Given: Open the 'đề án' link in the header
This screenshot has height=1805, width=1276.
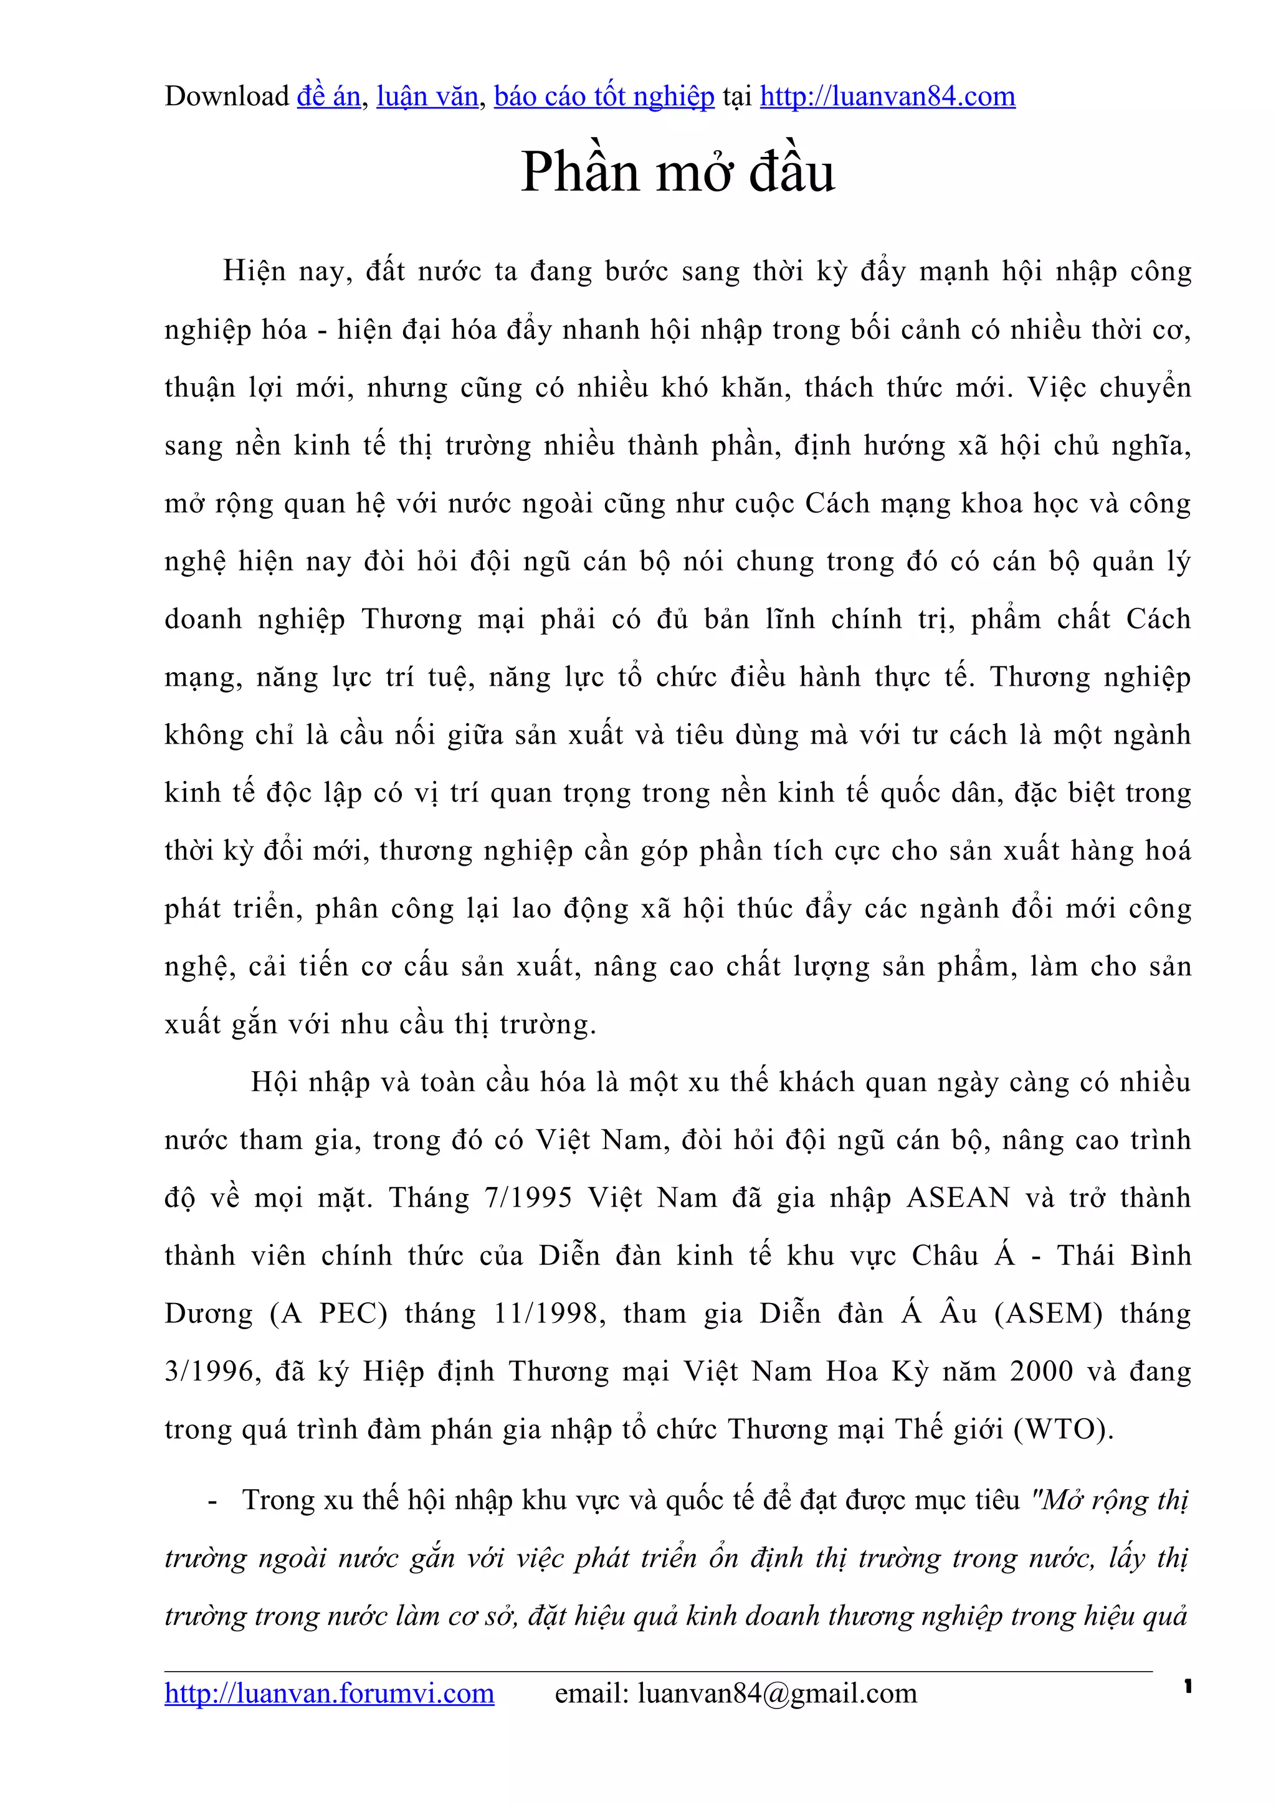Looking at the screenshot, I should (x=328, y=97).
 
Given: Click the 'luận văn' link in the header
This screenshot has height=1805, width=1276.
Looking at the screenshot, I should (x=427, y=97).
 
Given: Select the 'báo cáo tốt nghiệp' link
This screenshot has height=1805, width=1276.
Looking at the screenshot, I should (x=604, y=97).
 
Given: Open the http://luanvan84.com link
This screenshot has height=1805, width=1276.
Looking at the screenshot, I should (x=887, y=97).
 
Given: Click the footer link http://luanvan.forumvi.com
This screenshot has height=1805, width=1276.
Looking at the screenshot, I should (x=330, y=1693).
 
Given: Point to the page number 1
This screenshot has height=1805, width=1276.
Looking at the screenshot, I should (x=1187, y=1685).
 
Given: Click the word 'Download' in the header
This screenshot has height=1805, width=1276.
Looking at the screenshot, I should (x=226, y=97).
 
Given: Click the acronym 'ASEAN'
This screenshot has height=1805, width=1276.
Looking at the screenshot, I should (x=958, y=1198).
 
